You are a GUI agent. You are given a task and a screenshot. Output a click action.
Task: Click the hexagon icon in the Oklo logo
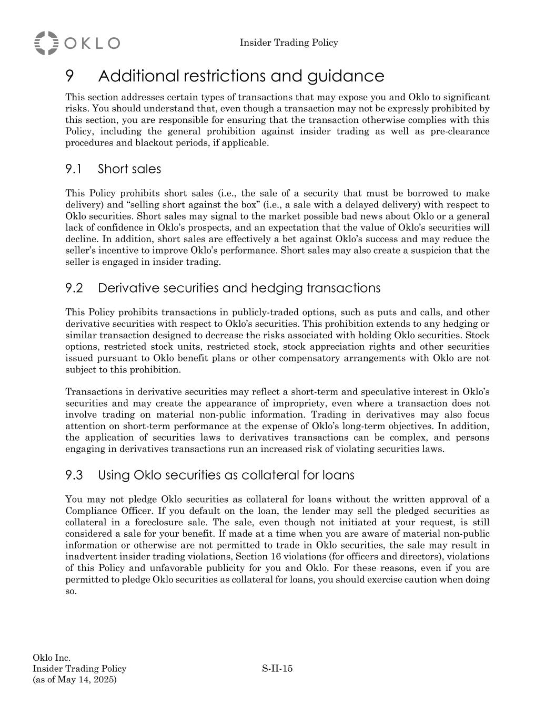click(x=46, y=43)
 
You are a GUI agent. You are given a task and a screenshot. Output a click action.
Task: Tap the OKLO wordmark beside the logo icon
click(x=93, y=43)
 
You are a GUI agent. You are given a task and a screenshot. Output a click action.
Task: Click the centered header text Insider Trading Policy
click(x=289, y=43)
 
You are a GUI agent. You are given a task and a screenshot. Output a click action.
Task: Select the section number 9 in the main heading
click(x=69, y=76)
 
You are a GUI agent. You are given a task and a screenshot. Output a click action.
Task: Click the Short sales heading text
click(x=129, y=169)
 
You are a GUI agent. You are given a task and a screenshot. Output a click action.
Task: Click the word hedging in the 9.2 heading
click(x=276, y=288)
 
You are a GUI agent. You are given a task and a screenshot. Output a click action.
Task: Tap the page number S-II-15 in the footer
click(x=277, y=669)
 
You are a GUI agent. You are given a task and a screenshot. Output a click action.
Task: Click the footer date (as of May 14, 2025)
click(x=75, y=680)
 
